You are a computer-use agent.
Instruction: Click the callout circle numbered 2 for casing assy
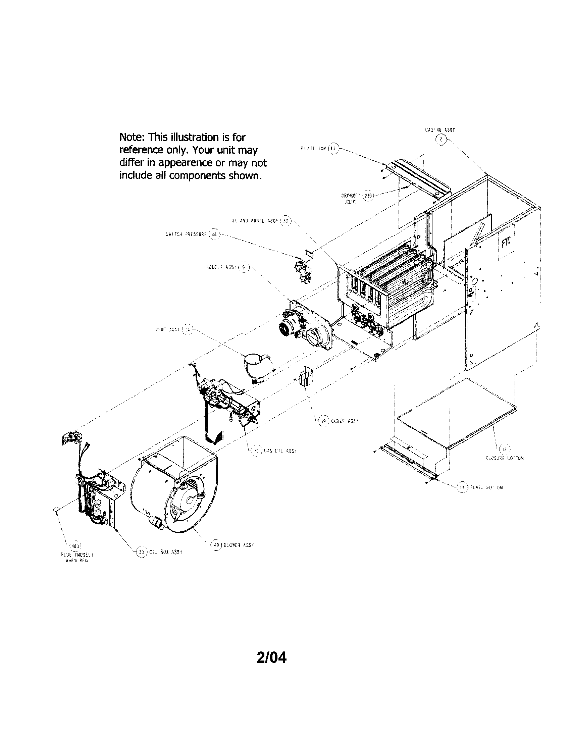[x=441, y=139]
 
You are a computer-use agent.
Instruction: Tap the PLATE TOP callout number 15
[x=333, y=148]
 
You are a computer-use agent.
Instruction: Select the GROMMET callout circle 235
[x=367, y=196]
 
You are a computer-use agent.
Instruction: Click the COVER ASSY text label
[x=344, y=421]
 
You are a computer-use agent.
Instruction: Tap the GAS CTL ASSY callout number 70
[x=256, y=451]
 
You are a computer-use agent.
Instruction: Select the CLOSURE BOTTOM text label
[x=504, y=458]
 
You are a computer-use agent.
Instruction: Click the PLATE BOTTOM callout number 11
[x=462, y=487]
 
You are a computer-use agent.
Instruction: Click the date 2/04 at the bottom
[x=271, y=658]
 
